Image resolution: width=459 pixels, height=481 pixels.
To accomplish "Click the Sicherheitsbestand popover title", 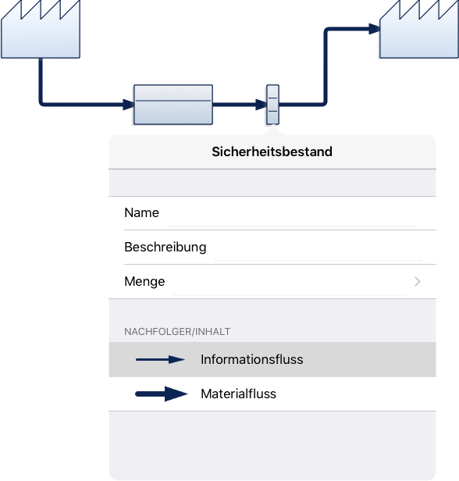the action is [272, 151].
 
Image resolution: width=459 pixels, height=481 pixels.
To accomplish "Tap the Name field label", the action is [141, 212].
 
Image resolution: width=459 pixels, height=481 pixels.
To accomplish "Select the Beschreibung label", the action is [165, 248].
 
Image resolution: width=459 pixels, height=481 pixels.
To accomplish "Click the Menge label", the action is [144, 282].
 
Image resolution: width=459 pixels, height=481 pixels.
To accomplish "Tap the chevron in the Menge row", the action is [418, 281].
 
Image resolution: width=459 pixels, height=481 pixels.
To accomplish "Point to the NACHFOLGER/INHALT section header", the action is [177, 332].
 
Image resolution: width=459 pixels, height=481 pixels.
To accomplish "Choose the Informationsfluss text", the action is [251, 359].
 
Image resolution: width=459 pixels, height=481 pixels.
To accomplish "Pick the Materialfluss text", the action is [239, 394].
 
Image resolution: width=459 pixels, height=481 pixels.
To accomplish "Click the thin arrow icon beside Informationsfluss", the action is [160, 359].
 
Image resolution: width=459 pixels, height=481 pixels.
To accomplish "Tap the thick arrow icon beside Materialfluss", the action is [162, 394].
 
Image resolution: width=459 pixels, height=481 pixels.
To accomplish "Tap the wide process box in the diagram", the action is [173, 105].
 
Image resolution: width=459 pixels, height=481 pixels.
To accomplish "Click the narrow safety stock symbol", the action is [272, 105].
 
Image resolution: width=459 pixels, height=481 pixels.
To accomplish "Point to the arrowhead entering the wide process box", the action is [129, 105].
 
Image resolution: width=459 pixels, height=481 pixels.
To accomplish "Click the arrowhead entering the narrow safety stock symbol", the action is [261, 105].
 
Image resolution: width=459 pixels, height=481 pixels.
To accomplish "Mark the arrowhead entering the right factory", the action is [375, 29].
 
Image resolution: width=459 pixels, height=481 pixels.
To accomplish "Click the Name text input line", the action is [294, 226].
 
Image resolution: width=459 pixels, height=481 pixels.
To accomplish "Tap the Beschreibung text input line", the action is [318, 260].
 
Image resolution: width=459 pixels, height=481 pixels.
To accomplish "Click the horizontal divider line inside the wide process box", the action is [173, 101].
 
